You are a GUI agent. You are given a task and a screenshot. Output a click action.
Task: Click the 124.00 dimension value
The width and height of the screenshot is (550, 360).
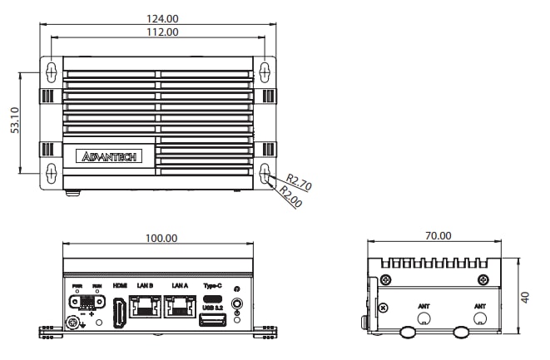point(161,18)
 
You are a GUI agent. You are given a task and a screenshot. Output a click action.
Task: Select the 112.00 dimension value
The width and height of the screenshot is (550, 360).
point(161,32)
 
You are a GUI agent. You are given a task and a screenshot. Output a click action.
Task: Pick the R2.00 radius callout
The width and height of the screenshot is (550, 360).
point(289,196)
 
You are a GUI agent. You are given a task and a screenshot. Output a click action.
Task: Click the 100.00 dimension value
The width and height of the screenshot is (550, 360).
point(161,238)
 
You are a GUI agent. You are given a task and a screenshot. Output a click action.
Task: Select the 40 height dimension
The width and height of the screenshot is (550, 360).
point(525,296)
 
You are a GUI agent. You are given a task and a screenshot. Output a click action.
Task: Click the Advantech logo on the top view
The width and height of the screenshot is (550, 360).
point(110,155)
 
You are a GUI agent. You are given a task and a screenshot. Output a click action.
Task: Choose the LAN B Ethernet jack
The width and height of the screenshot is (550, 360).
point(146,307)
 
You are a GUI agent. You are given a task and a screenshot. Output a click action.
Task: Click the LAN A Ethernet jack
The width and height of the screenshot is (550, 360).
point(180,307)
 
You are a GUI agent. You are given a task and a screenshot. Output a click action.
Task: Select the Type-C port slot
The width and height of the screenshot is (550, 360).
point(212,297)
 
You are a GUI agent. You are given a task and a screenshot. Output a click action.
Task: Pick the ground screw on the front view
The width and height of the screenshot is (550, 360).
point(72,323)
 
